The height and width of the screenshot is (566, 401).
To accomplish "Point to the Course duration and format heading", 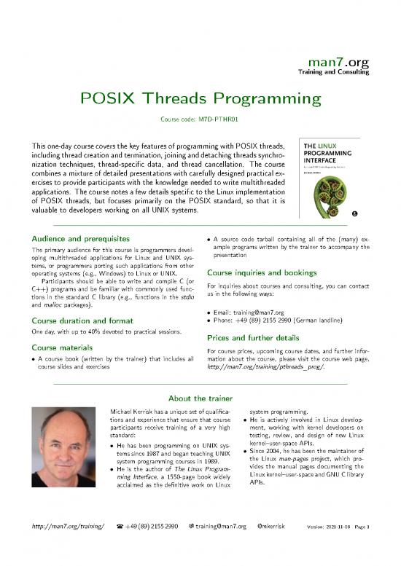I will click(79, 321).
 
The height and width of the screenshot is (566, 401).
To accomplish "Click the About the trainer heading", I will click(200, 398).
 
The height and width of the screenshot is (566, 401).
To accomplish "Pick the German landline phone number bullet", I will click(284, 321).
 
